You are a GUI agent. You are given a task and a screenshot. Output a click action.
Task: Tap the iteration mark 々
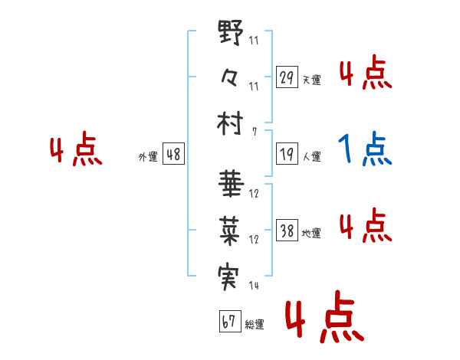pyautogui.click(x=230, y=78)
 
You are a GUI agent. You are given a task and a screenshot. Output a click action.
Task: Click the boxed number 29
pyautogui.click(x=287, y=77)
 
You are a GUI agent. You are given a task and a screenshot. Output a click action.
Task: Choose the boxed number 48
pyautogui.click(x=173, y=155)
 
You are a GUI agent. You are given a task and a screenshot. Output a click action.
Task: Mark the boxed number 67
pyautogui.click(x=229, y=322)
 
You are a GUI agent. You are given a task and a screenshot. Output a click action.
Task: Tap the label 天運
pyautogui.click(x=312, y=80)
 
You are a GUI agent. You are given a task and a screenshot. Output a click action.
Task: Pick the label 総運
pyautogui.click(x=255, y=325)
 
